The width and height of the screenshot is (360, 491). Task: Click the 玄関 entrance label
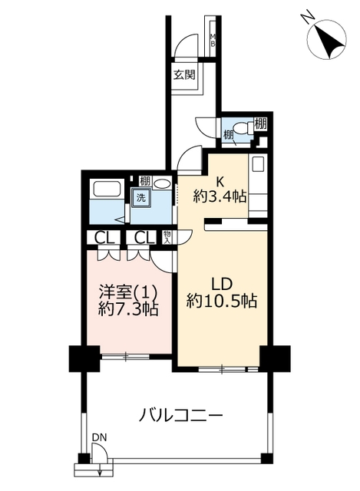point(184,75)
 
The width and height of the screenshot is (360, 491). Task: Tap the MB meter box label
point(213,40)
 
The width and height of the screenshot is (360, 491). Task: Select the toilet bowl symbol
point(244,127)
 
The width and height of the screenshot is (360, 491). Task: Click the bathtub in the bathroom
point(106,188)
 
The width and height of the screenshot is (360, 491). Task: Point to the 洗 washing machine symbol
point(141,198)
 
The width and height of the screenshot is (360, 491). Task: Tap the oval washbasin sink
point(162,183)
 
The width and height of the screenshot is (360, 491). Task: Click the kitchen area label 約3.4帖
point(220,196)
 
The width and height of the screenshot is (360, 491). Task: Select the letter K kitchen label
point(220,181)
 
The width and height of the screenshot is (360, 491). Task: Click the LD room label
point(222,285)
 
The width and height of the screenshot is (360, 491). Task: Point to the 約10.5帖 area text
point(222,302)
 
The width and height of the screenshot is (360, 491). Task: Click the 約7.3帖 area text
point(128,309)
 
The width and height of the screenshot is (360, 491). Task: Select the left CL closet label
point(104,239)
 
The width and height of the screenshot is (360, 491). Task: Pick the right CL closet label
point(144,239)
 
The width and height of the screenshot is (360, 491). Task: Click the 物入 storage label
point(167,237)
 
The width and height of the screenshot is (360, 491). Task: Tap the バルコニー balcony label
point(180,416)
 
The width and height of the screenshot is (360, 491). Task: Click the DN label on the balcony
point(99,437)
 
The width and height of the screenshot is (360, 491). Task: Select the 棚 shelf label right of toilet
point(260,124)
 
